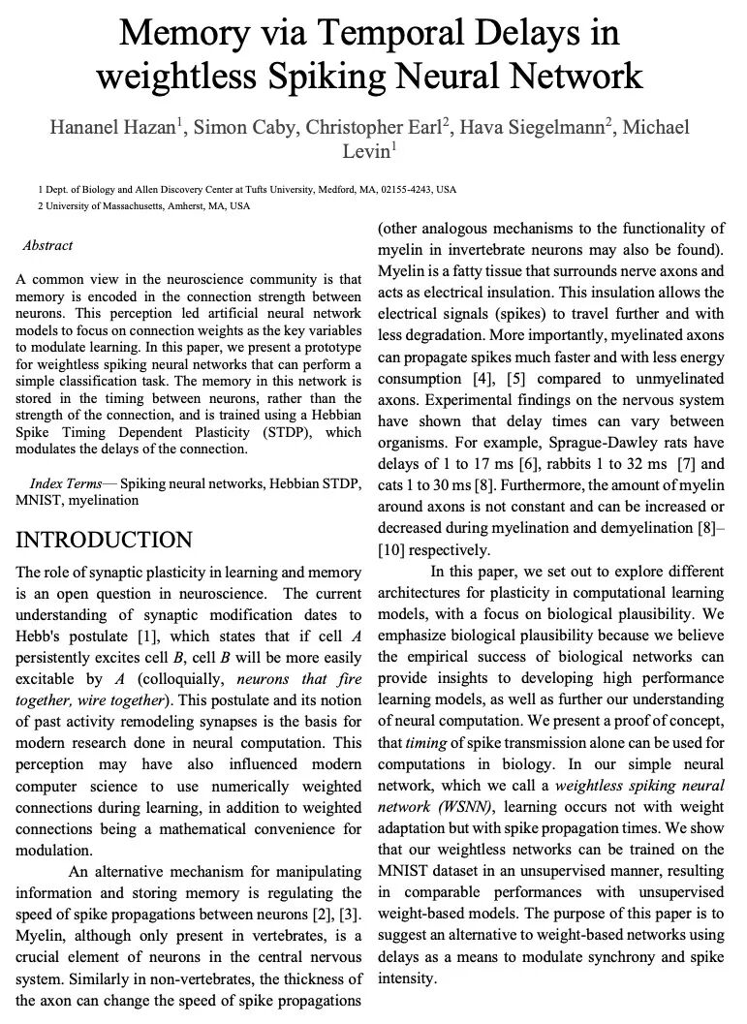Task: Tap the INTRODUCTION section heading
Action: click(105, 540)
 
